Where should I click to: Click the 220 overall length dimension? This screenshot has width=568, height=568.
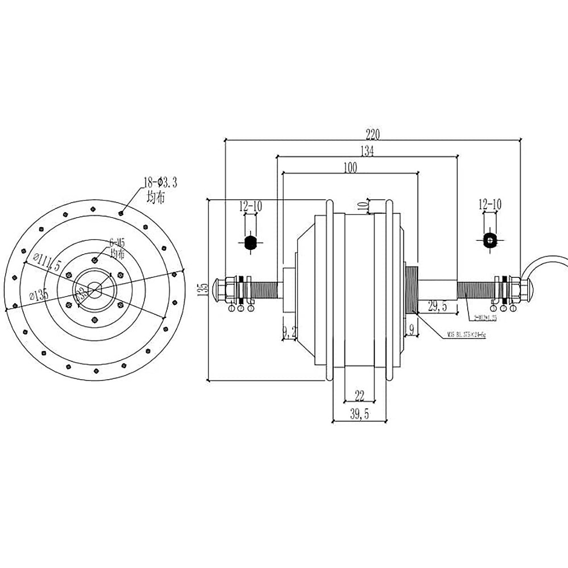[373, 134]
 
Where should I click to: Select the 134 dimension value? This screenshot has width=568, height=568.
[367, 151]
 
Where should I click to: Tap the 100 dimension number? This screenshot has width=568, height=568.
[351, 167]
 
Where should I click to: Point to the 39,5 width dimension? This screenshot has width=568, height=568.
[360, 414]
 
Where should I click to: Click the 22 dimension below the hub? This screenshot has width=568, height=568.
[359, 396]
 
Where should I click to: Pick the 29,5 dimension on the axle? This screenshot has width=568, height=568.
[437, 307]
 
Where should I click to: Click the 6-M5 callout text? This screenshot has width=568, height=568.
[117, 242]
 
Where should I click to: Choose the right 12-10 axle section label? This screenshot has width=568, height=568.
[489, 204]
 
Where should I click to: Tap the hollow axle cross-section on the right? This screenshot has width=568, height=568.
[489, 240]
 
